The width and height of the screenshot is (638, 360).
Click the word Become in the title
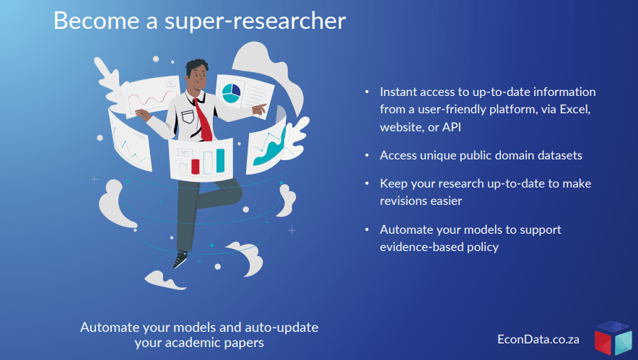[x=97, y=20]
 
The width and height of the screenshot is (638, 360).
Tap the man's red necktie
[x=203, y=120]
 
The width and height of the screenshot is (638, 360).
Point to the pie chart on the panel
[x=231, y=93]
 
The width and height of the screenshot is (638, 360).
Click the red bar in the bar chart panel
[x=196, y=167]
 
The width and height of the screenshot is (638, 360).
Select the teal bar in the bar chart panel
[x=220, y=160]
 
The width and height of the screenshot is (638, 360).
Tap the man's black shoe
[x=180, y=259]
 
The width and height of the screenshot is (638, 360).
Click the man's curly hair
[x=196, y=66]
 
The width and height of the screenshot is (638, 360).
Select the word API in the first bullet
[x=452, y=127]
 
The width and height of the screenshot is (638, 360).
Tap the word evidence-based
[x=422, y=247]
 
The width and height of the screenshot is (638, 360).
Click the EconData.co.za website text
[x=538, y=339]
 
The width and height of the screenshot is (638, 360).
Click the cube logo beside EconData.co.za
[x=613, y=338]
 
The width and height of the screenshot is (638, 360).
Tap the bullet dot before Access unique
[x=367, y=155]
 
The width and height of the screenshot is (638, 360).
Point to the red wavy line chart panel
[x=152, y=97]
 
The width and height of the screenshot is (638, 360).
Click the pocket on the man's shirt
[x=188, y=117]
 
